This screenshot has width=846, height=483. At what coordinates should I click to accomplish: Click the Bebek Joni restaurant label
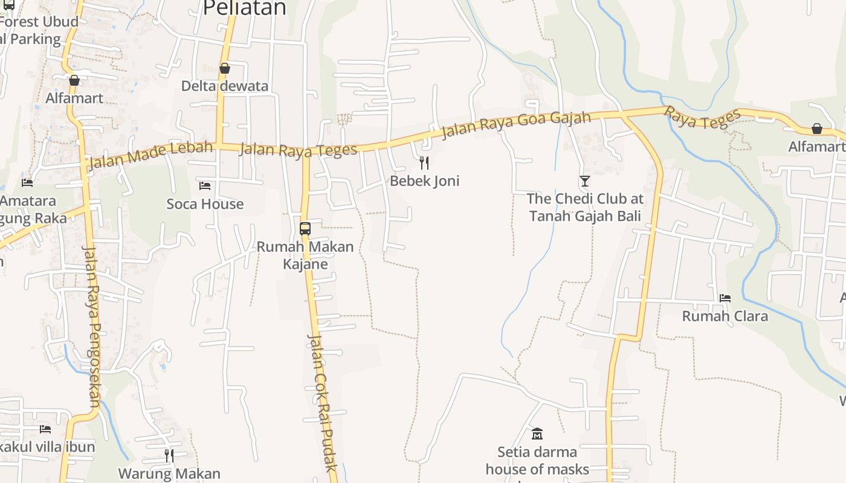tap(424, 181)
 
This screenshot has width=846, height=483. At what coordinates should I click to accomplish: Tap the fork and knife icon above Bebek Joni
tap(424, 162)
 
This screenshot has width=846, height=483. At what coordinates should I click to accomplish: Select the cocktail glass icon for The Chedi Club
tap(584, 181)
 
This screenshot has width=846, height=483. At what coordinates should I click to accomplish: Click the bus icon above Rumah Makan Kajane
tap(305, 229)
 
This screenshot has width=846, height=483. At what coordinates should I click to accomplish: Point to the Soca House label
tap(205, 204)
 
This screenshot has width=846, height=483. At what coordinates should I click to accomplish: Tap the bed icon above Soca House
tap(205, 185)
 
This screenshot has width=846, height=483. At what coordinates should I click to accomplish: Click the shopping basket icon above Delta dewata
tap(225, 68)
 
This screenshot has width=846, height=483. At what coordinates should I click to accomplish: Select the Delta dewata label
tap(225, 86)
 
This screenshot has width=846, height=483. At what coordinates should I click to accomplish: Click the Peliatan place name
tap(244, 8)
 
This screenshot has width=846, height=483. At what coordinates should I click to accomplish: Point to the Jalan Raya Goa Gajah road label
tap(516, 124)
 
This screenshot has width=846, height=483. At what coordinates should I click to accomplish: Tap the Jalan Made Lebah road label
tap(151, 155)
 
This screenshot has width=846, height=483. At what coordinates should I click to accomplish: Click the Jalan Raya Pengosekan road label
tap(92, 326)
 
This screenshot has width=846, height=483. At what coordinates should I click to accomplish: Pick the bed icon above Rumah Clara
tap(725, 298)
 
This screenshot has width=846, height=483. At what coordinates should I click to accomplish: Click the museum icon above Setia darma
tap(537, 433)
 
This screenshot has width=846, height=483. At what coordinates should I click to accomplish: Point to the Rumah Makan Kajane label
tap(305, 255)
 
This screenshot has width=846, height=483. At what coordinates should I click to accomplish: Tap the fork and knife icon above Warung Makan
tap(169, 455)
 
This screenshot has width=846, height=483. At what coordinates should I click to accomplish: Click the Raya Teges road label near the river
tap(703, 118)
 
